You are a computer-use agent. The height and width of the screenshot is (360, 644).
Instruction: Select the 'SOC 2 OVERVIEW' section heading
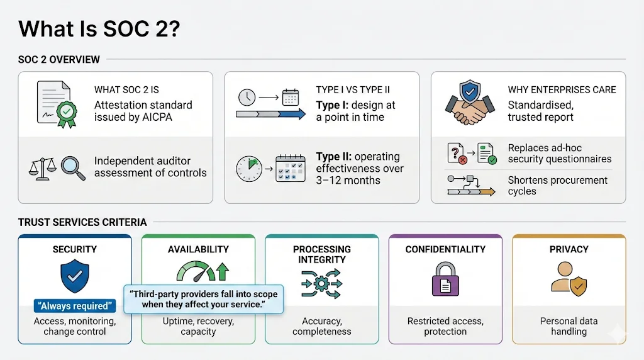coord(59,60)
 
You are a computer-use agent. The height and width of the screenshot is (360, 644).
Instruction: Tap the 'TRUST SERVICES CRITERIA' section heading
coord(82,222)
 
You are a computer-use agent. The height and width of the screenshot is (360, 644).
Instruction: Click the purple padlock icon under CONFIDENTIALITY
coord(445,278)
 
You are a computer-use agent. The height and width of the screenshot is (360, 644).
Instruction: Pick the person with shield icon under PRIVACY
coord(569,278)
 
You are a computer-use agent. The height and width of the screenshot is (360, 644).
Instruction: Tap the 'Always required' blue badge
coord(75,307)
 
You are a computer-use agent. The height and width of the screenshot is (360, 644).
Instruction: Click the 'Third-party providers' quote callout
coord(203,300)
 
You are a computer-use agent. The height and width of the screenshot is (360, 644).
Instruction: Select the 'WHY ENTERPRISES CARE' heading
coord(562,90)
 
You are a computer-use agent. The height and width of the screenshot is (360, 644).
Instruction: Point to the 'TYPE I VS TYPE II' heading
coord(352,90)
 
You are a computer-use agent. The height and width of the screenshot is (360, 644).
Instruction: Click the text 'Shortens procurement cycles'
coord(557,186)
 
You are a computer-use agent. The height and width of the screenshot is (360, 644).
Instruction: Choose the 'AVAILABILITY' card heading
coord(198,249)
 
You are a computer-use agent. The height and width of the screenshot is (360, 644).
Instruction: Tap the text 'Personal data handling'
coord(569,326)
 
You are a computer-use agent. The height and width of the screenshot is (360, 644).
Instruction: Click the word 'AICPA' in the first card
coord(158,117)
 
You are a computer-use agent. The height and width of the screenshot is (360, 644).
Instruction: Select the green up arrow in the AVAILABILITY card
coord(221,273)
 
